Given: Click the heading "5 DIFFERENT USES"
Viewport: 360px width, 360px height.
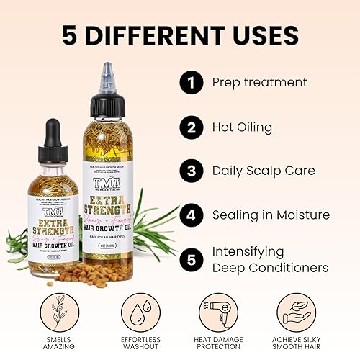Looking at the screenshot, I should tap(180, 35).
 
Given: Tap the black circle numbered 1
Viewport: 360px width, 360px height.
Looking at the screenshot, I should tap(190, 84).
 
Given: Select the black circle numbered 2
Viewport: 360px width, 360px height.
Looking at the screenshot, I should tap(190, 127).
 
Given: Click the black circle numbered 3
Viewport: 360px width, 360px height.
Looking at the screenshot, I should tap(190, 171).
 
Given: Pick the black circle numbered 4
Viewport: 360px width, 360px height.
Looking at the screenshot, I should tap(190, 215).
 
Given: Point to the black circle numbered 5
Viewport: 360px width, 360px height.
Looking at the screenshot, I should tap(190, 259).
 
